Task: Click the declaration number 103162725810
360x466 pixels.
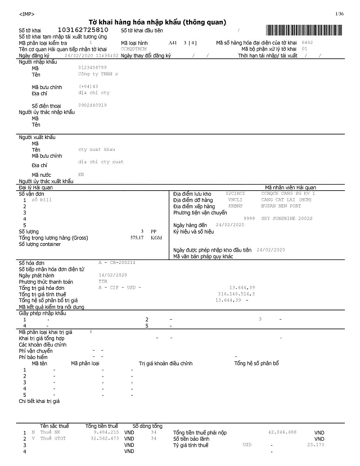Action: pos(83,29)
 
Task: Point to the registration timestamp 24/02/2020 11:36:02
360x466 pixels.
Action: pos(92,56)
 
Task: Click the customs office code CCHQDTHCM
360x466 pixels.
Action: pos(134,49)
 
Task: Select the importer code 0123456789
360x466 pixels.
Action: pos(92,68)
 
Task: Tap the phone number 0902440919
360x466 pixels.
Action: pos(92,105)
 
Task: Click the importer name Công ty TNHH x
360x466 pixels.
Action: pos(98,74)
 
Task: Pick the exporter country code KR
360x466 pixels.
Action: pos(81,174)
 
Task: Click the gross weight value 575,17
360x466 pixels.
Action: pos(137,238)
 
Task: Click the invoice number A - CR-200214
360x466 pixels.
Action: pos(117,263)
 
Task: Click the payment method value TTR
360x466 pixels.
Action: pos(102,281)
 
